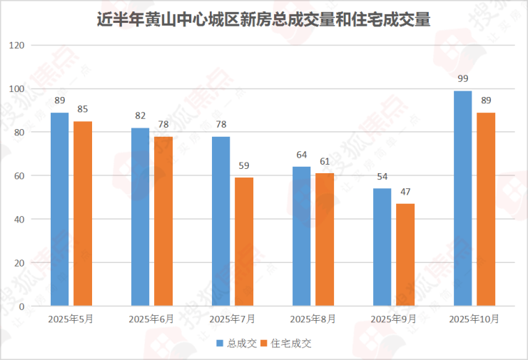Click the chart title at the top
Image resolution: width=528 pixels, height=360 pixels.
tap(263, 19)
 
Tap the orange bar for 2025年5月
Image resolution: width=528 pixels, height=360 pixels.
tap(83, 214)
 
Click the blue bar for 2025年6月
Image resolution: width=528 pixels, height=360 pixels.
tap(141, 217)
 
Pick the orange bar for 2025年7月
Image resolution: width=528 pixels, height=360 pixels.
tap(244, 242)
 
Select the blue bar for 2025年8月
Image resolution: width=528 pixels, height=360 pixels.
tap(302, 236)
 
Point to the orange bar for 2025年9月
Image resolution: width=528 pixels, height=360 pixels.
tap(405, 254)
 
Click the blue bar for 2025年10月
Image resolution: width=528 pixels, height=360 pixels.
tap(463, 198)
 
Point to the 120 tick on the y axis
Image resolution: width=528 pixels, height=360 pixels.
tap(16, 46)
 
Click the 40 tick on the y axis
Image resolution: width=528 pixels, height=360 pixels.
tap(19, 220)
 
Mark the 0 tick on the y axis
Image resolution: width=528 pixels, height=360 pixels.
tap(21, 307)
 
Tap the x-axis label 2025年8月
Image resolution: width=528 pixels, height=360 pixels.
tap(313, 319)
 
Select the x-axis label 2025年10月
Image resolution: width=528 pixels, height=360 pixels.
tap(474, 319)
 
